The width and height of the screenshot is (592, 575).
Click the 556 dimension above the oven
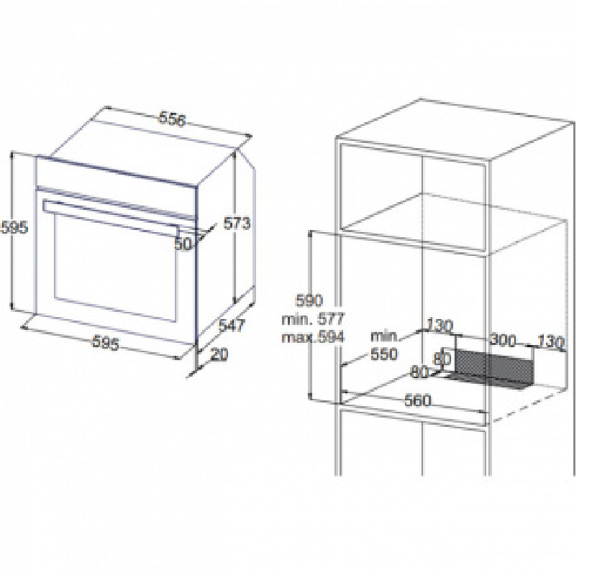coord(173,119)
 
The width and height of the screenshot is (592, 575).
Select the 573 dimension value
coord(237,224)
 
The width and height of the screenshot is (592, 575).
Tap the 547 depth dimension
coord(232,325)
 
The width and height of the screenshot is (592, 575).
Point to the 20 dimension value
coord(219,354)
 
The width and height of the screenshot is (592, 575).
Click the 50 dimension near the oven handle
coord(183,244)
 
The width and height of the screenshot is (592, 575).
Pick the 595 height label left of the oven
coord(14,227)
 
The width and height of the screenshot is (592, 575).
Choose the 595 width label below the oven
coord(106,343)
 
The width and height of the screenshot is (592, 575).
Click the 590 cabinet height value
coord(309,300)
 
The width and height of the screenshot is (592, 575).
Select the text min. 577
coord(313,319)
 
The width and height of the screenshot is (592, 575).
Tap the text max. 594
coord(313,337)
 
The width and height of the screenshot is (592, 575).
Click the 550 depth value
coord(384,354)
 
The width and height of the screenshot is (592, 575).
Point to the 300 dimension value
coord(503,340)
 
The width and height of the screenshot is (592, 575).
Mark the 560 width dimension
coord(418,400)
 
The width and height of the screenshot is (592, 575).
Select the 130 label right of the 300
coord(550,342)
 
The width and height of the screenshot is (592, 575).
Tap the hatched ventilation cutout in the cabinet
coord(494,368)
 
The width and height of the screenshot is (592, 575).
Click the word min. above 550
coord(385,336)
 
